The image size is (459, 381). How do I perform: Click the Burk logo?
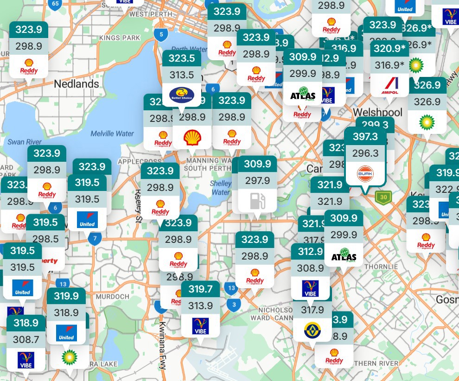(365, 174)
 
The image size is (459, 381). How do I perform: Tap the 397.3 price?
(365, 136)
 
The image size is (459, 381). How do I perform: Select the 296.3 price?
(365, 153)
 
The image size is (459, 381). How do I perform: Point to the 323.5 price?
(182, 58)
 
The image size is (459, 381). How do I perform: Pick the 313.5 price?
(182, 75)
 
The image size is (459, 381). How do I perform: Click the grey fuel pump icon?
(257, 201)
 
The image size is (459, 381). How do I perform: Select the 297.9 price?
(257, 181)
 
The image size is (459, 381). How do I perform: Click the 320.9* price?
(390, 48)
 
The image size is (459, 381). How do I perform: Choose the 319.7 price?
(200, 289)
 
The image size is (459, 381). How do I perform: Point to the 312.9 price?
(310, 251)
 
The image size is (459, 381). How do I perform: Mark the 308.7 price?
(26, 340)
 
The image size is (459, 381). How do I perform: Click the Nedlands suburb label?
(76, 84)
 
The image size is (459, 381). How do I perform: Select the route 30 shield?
(383, 197)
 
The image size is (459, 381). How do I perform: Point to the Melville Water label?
(112, 133)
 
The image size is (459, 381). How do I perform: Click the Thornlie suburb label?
(381, 267)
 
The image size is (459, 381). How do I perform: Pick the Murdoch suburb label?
(113, 297)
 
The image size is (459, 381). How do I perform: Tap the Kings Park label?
(119, 38)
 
